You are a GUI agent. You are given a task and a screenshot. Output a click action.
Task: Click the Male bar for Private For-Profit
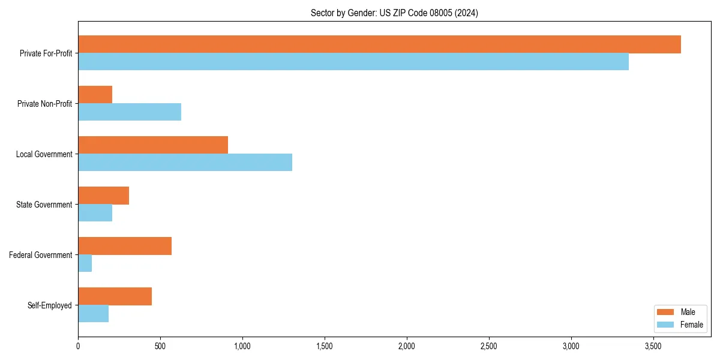(x=379, y=44)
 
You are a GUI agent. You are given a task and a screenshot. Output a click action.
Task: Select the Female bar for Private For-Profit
(x=353, y=62)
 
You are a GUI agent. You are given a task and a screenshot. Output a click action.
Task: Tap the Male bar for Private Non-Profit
(x=95, y=95)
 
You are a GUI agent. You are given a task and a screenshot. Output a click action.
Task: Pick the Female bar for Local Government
(x=185, y=163)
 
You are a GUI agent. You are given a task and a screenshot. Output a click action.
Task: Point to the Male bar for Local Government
(x=153, y=145)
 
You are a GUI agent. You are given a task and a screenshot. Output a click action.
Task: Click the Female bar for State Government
(x=95, y=213)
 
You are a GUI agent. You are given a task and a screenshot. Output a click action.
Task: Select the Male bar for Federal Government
(x=125, y=246)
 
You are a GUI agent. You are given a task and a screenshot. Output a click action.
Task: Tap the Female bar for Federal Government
(x=85, y=263)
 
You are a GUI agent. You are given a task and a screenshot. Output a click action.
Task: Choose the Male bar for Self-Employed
(x=115, y=296)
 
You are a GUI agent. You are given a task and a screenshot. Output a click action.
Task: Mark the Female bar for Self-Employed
(x=94, y=314)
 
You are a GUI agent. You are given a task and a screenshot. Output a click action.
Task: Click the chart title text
(x=394, y=13)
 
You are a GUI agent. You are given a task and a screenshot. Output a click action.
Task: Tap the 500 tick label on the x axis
(x=160, y=347)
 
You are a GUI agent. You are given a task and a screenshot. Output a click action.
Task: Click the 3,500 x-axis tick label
(x=653, y=347)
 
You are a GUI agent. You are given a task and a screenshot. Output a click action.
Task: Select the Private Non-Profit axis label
(x=44, y=104)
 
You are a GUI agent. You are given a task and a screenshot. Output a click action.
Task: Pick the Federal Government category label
(x=41, y=255)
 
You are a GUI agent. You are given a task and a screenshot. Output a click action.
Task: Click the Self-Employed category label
(x=50, y=305)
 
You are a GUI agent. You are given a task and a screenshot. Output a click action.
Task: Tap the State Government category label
(x=44, y=205)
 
